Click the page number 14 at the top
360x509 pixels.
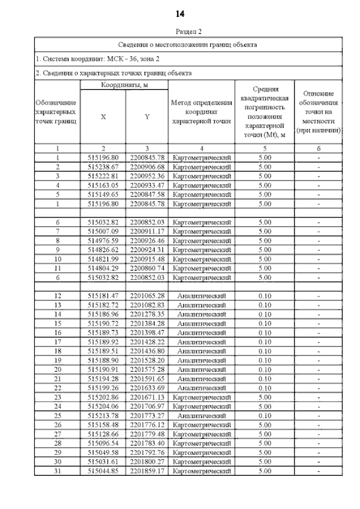(180, 12)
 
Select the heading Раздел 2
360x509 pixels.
(180, 33)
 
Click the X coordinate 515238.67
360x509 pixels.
(103, 167)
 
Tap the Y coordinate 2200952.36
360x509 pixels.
(147, 176)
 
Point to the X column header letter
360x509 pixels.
(103, 117)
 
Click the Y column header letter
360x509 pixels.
(147, 117)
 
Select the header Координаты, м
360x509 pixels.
(124, 85)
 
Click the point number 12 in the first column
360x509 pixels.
(57, 295)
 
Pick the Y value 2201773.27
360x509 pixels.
(147, 415)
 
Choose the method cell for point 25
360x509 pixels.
(201, 415)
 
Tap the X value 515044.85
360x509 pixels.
(103, 470)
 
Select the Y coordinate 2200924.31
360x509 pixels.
(147, 250)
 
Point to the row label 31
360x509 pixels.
(57, 470)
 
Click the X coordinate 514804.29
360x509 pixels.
(103, 268)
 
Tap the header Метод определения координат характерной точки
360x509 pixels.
(201, 112)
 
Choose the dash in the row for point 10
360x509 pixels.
(318, 259)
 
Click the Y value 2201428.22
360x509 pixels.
(147, 341)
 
